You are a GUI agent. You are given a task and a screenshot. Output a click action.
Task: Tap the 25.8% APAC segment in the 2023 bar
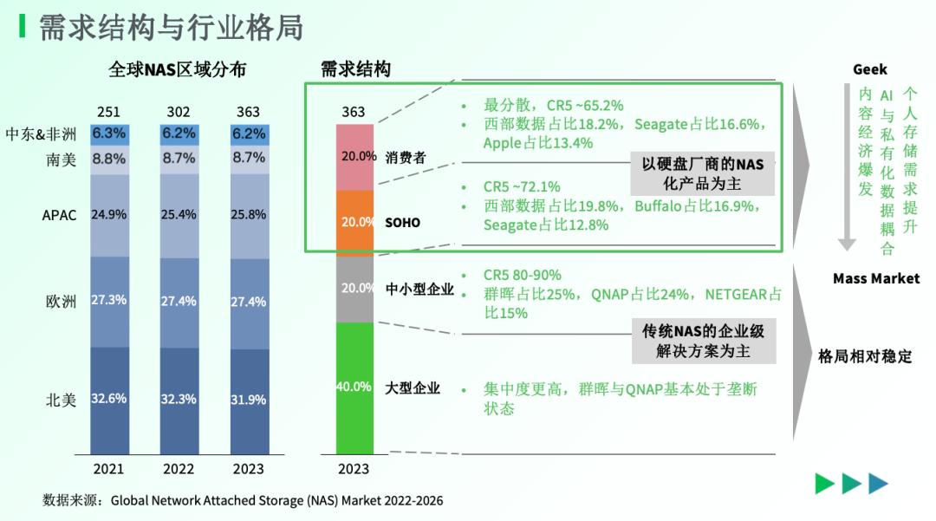[248, 215]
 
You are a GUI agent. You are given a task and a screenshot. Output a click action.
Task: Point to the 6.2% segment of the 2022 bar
[179, 134]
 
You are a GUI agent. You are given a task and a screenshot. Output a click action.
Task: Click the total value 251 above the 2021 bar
[108, 112]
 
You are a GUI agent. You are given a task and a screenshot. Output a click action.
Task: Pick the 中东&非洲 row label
[41, 134]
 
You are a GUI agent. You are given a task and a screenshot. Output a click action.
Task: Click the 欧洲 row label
[61, 302]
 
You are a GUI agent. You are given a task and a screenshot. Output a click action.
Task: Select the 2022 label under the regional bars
[179, 469]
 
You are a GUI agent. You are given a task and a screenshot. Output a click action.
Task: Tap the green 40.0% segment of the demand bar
[354, 387]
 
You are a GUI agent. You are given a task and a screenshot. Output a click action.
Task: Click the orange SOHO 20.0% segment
[354, 222]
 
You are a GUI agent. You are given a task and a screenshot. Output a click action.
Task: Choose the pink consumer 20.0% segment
[354, 157]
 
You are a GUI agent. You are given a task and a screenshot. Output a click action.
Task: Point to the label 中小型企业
[419, 289]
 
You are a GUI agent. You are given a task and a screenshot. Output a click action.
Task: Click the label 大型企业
[413, 387]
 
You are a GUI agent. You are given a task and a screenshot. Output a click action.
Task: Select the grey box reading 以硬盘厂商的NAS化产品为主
[702, 173]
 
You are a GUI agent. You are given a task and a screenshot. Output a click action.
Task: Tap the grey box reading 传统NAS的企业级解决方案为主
[702, 341]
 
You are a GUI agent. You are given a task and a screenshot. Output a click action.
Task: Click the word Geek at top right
[869, 69]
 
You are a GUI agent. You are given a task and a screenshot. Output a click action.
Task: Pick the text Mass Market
[876, 278]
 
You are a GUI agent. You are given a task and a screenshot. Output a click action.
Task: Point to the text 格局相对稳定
[865, 356]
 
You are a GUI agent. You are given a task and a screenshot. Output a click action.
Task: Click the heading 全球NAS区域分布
[177, 69]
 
